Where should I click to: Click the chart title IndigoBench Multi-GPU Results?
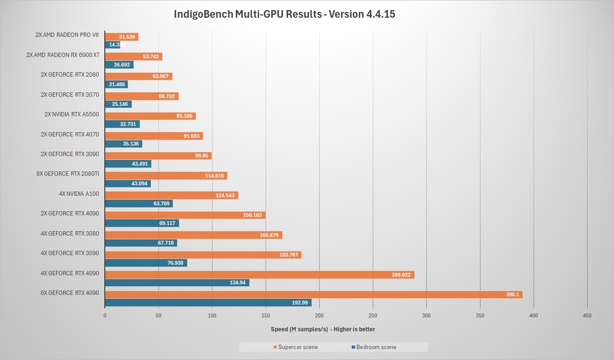click(x=284, y=14)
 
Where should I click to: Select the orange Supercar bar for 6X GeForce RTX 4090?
click(x=313, y=294)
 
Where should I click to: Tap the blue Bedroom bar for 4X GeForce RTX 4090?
click(x=177, y=283)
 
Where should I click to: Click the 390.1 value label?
click(x=513, y=294)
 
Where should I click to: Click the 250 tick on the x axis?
click(x=373, y=315)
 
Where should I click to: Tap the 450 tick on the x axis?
click(x=587, y=315)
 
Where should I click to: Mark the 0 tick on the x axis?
click(x=105, y=315)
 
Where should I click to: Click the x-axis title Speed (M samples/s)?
click(x=323, y=329)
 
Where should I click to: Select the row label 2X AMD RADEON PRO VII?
click(x=67, y=35)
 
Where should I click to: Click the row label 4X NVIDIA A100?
click(x=78, y=194)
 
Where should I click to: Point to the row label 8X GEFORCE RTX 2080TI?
click(x=68, y=174)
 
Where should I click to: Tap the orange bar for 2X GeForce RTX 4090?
click(x=185, y=215)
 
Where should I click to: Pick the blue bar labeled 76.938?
click(x=145, y=263)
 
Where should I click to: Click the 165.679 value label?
click(x=269, y=235)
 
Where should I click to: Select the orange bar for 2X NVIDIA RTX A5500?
click(x=150, y=116)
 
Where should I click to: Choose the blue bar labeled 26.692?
click(x=119, y=65)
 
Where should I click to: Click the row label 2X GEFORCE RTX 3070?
click(x=70, y=95)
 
